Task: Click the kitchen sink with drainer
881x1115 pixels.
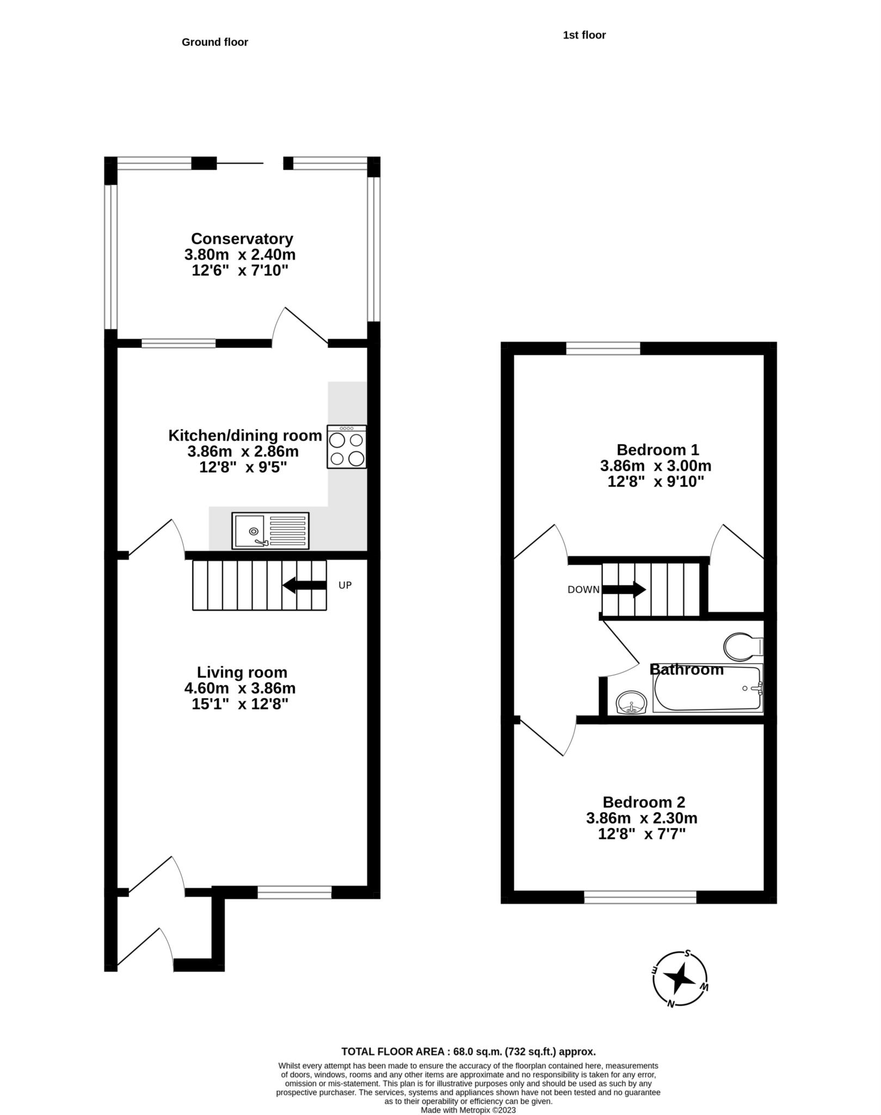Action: pyautogui.click(x=270, y=530)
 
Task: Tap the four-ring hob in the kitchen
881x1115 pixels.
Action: pyautogui.click(x=347, y=447)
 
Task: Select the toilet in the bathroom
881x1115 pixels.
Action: pyautogui.click(x=744, y=647)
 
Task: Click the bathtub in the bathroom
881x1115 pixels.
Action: pyautogui.click(x=708, y=688)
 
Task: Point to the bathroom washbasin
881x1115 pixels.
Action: pyautogui.click(x=631, y=702)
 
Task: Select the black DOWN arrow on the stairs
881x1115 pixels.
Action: pyautogui.click(x=624, y=590)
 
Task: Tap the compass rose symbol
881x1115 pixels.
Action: pyautogui.click(x=680, y=980)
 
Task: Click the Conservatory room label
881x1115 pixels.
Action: pyautogui.click(x=242, y=238)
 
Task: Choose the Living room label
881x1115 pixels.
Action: pyautogui.click(x=242, y=672)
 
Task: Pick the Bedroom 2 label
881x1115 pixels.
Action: pyautogui.click(x=644, y=802)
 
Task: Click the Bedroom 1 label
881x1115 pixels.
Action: pyautogui.click(x=657, y=450)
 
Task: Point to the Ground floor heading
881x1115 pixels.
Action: pyautogui.click(x=215, y=42)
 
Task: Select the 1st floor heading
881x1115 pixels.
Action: pyautogui.click(x=584, y=35)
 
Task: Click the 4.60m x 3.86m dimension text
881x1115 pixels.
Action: pyautogui.click(x=240, y=688)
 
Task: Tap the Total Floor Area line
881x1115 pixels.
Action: pyautogui.click(x=469, y=1051)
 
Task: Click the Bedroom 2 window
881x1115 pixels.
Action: pyautogui.click(x=640, y=897)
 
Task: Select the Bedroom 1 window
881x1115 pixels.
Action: pyautogui.click(x=603, y=348)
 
